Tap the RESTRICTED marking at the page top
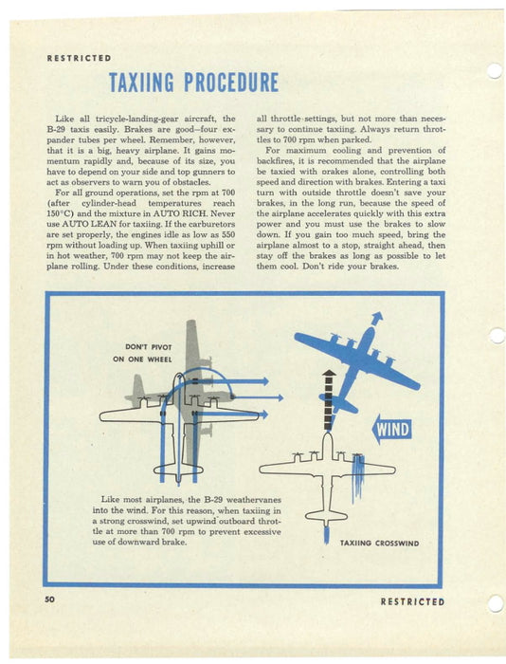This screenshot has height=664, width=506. point(79,58)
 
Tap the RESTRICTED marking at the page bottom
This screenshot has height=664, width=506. point(412,601)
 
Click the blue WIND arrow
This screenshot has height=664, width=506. point(391,430)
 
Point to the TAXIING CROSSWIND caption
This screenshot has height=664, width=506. point(378,543)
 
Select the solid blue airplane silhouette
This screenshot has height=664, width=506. point(355,360)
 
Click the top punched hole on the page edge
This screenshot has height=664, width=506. point(494,70)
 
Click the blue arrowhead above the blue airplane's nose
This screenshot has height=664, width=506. point(378,318)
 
